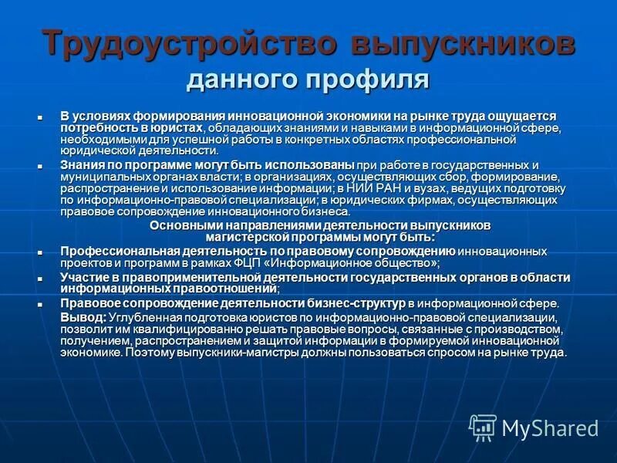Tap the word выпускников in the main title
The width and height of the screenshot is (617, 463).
pyautogui.click(x=463, y=43)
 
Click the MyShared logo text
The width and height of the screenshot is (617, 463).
pyautogui.click(x=550, y=427)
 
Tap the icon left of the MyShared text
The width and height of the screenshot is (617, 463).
pyautogui.click(x=483, y=427)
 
